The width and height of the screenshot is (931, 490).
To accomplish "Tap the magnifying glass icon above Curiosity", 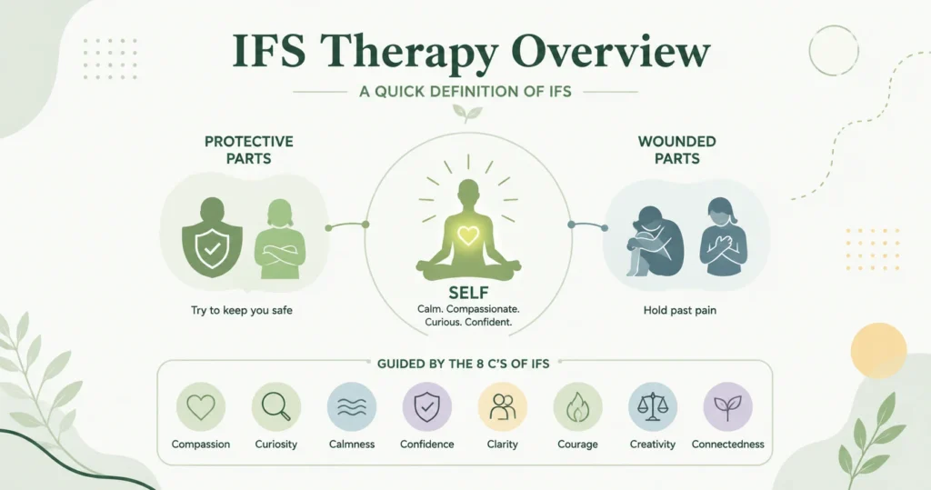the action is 276,407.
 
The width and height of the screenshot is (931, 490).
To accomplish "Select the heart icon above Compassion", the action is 201,407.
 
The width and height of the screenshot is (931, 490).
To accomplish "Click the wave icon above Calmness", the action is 352,407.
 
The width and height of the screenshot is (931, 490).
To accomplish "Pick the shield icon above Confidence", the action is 427,407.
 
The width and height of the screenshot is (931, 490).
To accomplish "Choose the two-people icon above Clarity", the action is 502,407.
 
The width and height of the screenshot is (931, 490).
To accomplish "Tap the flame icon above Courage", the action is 577,407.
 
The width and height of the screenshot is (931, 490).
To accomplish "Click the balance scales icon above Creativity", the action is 653,407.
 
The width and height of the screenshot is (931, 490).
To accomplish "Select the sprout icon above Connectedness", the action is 728,407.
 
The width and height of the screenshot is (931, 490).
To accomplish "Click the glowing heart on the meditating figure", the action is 468,235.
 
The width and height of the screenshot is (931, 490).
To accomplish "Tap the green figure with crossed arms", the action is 280,239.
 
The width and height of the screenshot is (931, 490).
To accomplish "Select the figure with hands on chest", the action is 723,237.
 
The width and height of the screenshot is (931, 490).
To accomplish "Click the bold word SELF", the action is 468,293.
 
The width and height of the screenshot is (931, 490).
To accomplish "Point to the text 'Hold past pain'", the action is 680,310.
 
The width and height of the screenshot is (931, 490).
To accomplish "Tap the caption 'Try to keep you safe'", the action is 242,310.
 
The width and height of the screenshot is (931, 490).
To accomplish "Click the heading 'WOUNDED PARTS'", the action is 676,150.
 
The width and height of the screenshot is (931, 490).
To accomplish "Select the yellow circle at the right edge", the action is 878,350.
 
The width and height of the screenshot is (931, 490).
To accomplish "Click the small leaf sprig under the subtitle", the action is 467,112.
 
